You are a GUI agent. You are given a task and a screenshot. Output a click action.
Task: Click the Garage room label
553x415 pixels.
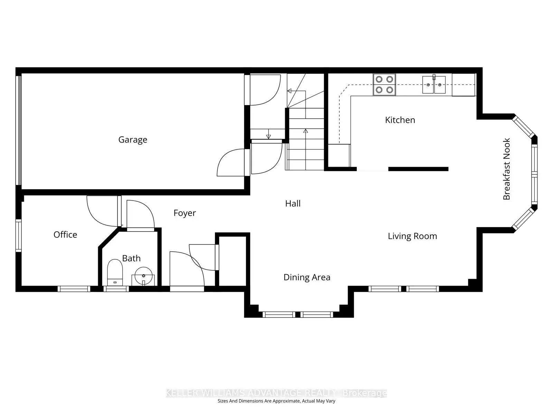pyautogui.click(x=133, y=140)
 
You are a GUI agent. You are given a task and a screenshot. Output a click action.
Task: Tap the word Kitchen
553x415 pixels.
pyautogui.click(x=400, y=120)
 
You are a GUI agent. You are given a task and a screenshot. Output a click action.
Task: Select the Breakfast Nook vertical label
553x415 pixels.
pyautogui.click(x=507, y=169)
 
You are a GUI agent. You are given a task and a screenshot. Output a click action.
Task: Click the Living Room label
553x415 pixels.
pyautogui.click(x=412, y=236)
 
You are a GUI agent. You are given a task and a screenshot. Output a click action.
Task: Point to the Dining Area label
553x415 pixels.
pyautogui.click(x=307, y=277)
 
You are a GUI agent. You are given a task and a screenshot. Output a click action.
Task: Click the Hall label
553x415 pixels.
pyautogui.click(x=293, y=204)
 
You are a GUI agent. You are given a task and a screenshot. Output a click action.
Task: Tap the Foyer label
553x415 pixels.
pyautogui.click(x=185, y=213)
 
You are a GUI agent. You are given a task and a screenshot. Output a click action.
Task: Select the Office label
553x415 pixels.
pyautogui.click(x=65, y=235)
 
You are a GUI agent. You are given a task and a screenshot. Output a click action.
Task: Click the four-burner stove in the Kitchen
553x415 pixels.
pyautogui.click(x=384, y=85)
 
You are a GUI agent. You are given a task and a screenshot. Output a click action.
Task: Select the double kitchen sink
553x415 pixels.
pyautogui.click(x=434, y=85)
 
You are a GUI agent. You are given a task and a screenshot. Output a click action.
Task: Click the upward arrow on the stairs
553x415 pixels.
pyautogui.click(x=306, y=131)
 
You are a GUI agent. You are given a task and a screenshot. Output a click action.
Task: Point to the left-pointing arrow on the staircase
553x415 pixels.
pyautogui.click(x=289, y=91)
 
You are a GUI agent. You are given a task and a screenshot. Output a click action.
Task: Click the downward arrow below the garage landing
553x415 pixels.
pyautogui.click(x=269, y=136)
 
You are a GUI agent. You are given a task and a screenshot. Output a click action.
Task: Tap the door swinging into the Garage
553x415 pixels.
pyautogui.click(x=230, y=163)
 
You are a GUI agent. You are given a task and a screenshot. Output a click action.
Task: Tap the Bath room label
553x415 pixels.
pyautogui.click(x=131, y=258)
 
